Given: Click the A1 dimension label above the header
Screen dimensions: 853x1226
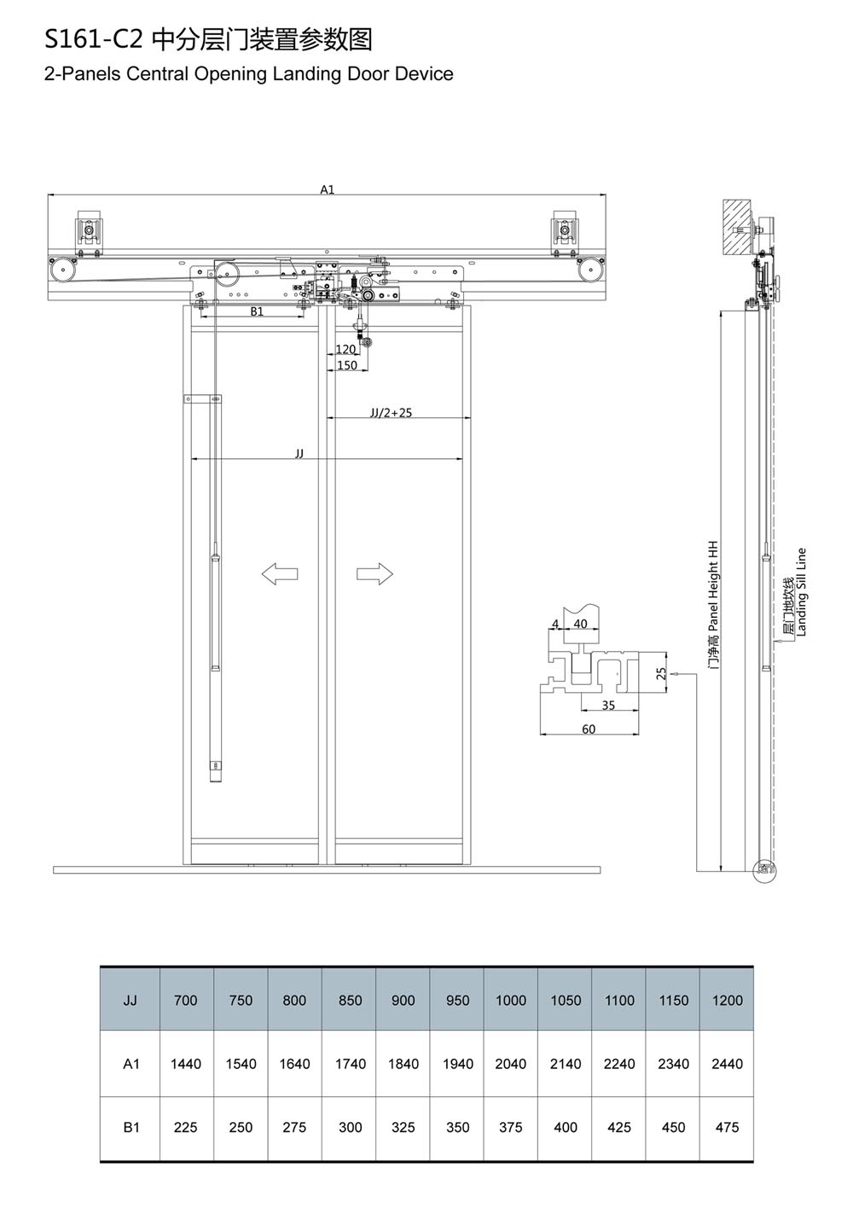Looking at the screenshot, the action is (328, 189).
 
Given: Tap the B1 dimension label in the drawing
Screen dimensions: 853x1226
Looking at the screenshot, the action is (257, 311).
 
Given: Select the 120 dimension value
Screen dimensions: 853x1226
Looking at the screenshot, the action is (345, 349).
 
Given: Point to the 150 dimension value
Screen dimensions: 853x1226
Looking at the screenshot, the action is (347, 365).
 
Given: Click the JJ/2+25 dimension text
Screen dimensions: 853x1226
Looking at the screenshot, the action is (391, 413).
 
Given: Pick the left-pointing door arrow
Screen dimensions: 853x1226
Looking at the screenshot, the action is (280, 574).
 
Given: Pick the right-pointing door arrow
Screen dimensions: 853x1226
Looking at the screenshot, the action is (374, 574).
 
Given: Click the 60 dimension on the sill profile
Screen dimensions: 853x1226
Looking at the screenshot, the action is (589, 729).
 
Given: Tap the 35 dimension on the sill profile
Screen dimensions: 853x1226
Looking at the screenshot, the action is (608, 706).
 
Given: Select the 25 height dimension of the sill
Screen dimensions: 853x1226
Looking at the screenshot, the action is (661, 673).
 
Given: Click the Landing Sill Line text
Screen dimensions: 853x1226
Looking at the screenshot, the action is (801, 591).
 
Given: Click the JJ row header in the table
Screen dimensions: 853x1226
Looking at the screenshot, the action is (131, 1001).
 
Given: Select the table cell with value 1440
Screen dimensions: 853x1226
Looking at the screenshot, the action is (186, 1063).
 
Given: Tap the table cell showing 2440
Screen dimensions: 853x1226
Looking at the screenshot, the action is (727, 1063).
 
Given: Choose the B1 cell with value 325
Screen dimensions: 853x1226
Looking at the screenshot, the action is (403, 1127).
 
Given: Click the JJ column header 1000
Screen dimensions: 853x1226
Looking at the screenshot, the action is (510, 1001).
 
